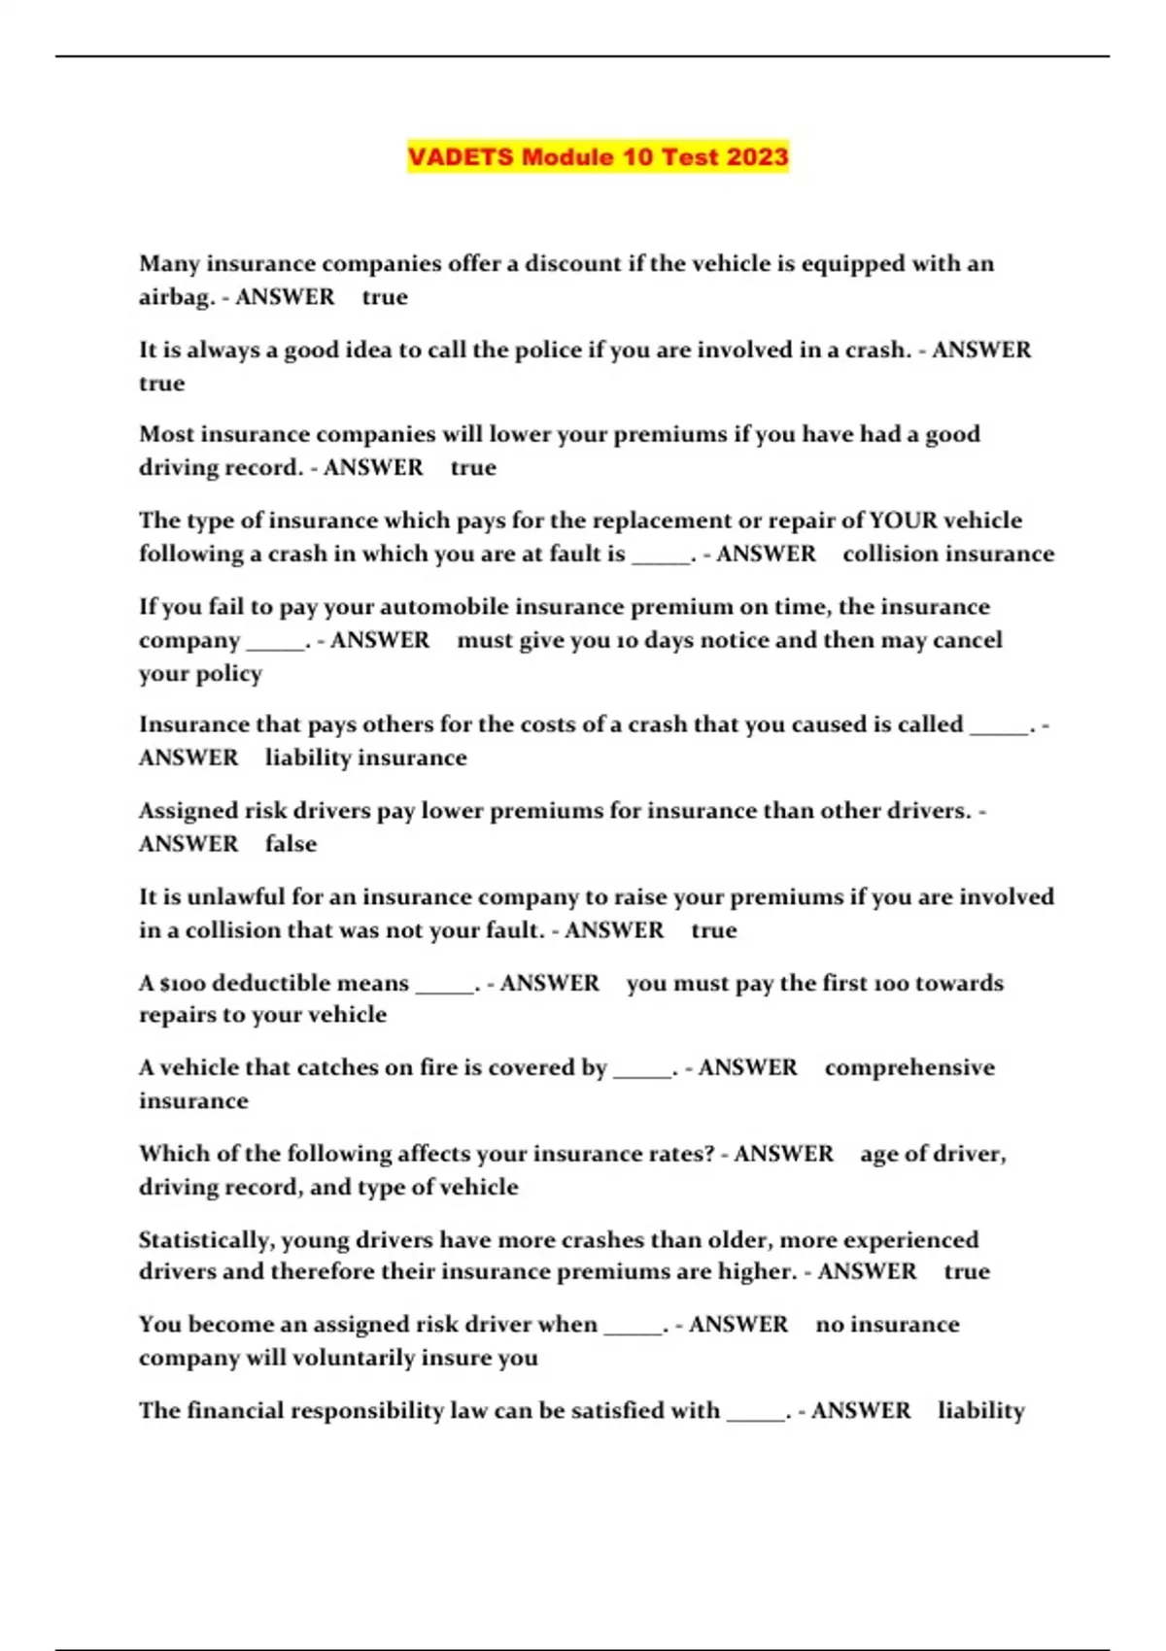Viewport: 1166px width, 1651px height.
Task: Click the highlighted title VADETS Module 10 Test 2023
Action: click(598, 156)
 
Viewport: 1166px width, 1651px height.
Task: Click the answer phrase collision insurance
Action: click(947, 554)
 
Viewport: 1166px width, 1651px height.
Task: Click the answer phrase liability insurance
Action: click(365, 758)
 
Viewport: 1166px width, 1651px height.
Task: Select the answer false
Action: click(291, 844)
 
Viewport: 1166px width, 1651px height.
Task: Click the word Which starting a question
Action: click(170, 1154)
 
